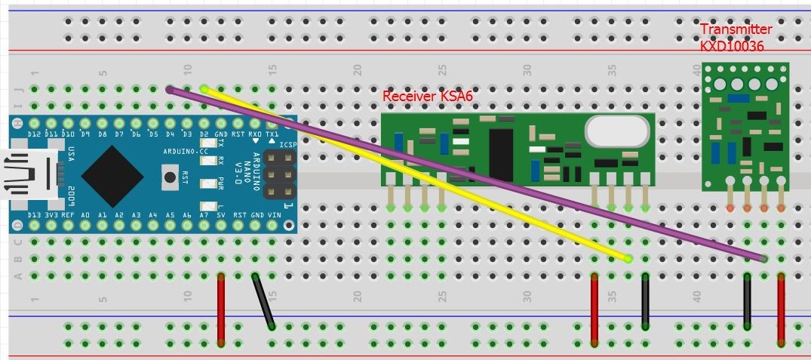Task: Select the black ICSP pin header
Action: (280, 176)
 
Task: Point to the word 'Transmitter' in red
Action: (736, 29)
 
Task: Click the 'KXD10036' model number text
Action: (732, 46)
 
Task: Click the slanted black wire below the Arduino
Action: (263, 301)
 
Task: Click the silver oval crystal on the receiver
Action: (616, 133)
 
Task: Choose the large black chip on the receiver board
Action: (500, 154)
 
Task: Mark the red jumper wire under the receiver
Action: (594, 308)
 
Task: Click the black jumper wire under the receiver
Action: (646, 302)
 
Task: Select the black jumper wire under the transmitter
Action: (747, 302)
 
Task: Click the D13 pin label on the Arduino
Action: (33, 215)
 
